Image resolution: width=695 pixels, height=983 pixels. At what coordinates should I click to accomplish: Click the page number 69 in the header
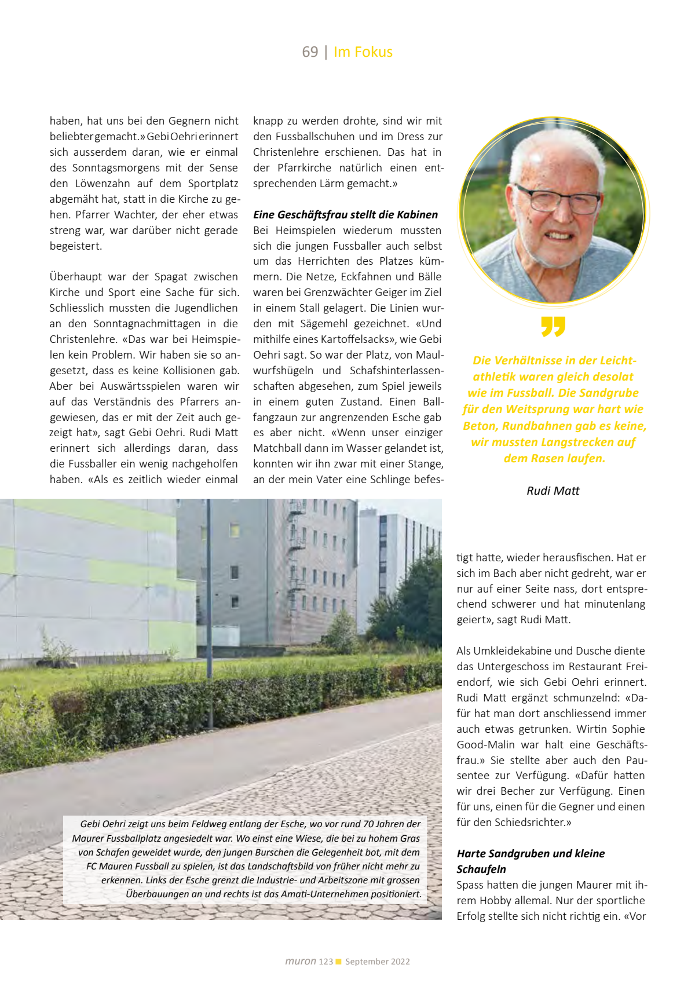[x=310, y=52]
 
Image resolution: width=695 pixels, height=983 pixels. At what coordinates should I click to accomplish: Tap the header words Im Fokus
[x=363, y=52]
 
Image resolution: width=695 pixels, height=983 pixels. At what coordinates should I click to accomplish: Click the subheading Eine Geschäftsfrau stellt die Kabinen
[x=345, y=215]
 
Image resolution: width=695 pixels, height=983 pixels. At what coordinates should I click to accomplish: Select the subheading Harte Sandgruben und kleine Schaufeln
[x=530, y=861]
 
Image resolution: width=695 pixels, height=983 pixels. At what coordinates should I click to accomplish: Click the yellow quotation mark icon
[x=553, y=327]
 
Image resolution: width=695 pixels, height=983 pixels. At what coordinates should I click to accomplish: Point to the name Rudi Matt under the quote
[x=553, y=491]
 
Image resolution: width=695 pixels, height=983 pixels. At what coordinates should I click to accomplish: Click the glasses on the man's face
[x=557, y=199]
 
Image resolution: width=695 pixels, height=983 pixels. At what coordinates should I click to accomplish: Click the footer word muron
[x=300, y=961]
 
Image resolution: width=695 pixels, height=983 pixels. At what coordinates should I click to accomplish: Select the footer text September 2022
[x=378, y=962]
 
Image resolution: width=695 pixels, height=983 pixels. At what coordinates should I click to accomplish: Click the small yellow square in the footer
[x=339, y=962]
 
